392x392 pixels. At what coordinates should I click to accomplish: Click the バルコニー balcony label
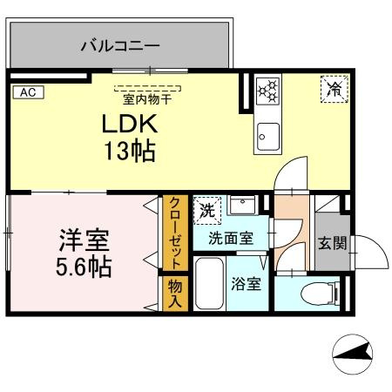[119, 44]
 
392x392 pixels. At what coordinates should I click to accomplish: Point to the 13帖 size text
[128, 152]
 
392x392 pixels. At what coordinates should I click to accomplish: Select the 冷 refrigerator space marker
[332, 88]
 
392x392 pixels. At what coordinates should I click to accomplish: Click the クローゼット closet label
[174, 232]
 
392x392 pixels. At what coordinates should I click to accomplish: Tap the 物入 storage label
[174, 293]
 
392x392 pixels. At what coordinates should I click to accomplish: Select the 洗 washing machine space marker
[206, 210]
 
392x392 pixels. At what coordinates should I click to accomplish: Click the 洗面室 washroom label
[231, 237]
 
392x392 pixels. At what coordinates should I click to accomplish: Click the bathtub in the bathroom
[208, 284]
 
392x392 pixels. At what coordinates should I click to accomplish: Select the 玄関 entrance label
[332, 243]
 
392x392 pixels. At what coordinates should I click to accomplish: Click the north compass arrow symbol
[356, 354]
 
